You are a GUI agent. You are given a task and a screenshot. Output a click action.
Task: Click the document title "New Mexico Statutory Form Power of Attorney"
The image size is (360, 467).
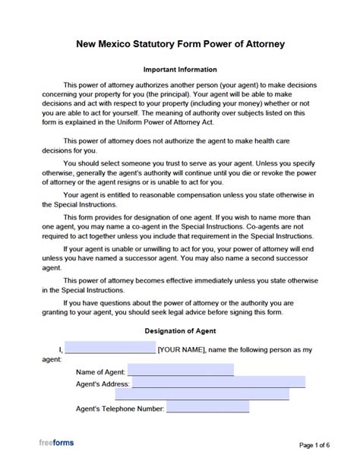click(x=180, y=44)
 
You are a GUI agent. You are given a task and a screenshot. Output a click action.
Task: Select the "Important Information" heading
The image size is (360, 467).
click(x=180, y=69)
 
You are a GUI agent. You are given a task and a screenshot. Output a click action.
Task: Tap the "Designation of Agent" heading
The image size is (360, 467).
click(x=180, y=331)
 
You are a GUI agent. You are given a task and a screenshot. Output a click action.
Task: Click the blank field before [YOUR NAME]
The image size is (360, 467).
click(x=110, y=349)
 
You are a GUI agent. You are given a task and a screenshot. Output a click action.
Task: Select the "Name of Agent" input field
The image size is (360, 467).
click(x=181, y=371)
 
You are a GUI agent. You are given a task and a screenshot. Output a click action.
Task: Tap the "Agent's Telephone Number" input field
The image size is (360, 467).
click(x=207, y=407)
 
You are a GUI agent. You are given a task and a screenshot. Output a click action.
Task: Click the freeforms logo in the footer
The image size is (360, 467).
click(x=57, y=443)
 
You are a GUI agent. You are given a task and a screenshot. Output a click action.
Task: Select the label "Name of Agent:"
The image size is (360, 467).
click(x=101, y=372)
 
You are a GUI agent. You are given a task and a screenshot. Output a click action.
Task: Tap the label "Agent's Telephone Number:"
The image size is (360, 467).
click(x=120, y=409)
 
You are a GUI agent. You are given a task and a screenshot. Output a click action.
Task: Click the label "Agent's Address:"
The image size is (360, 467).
click(x=103, y=384)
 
